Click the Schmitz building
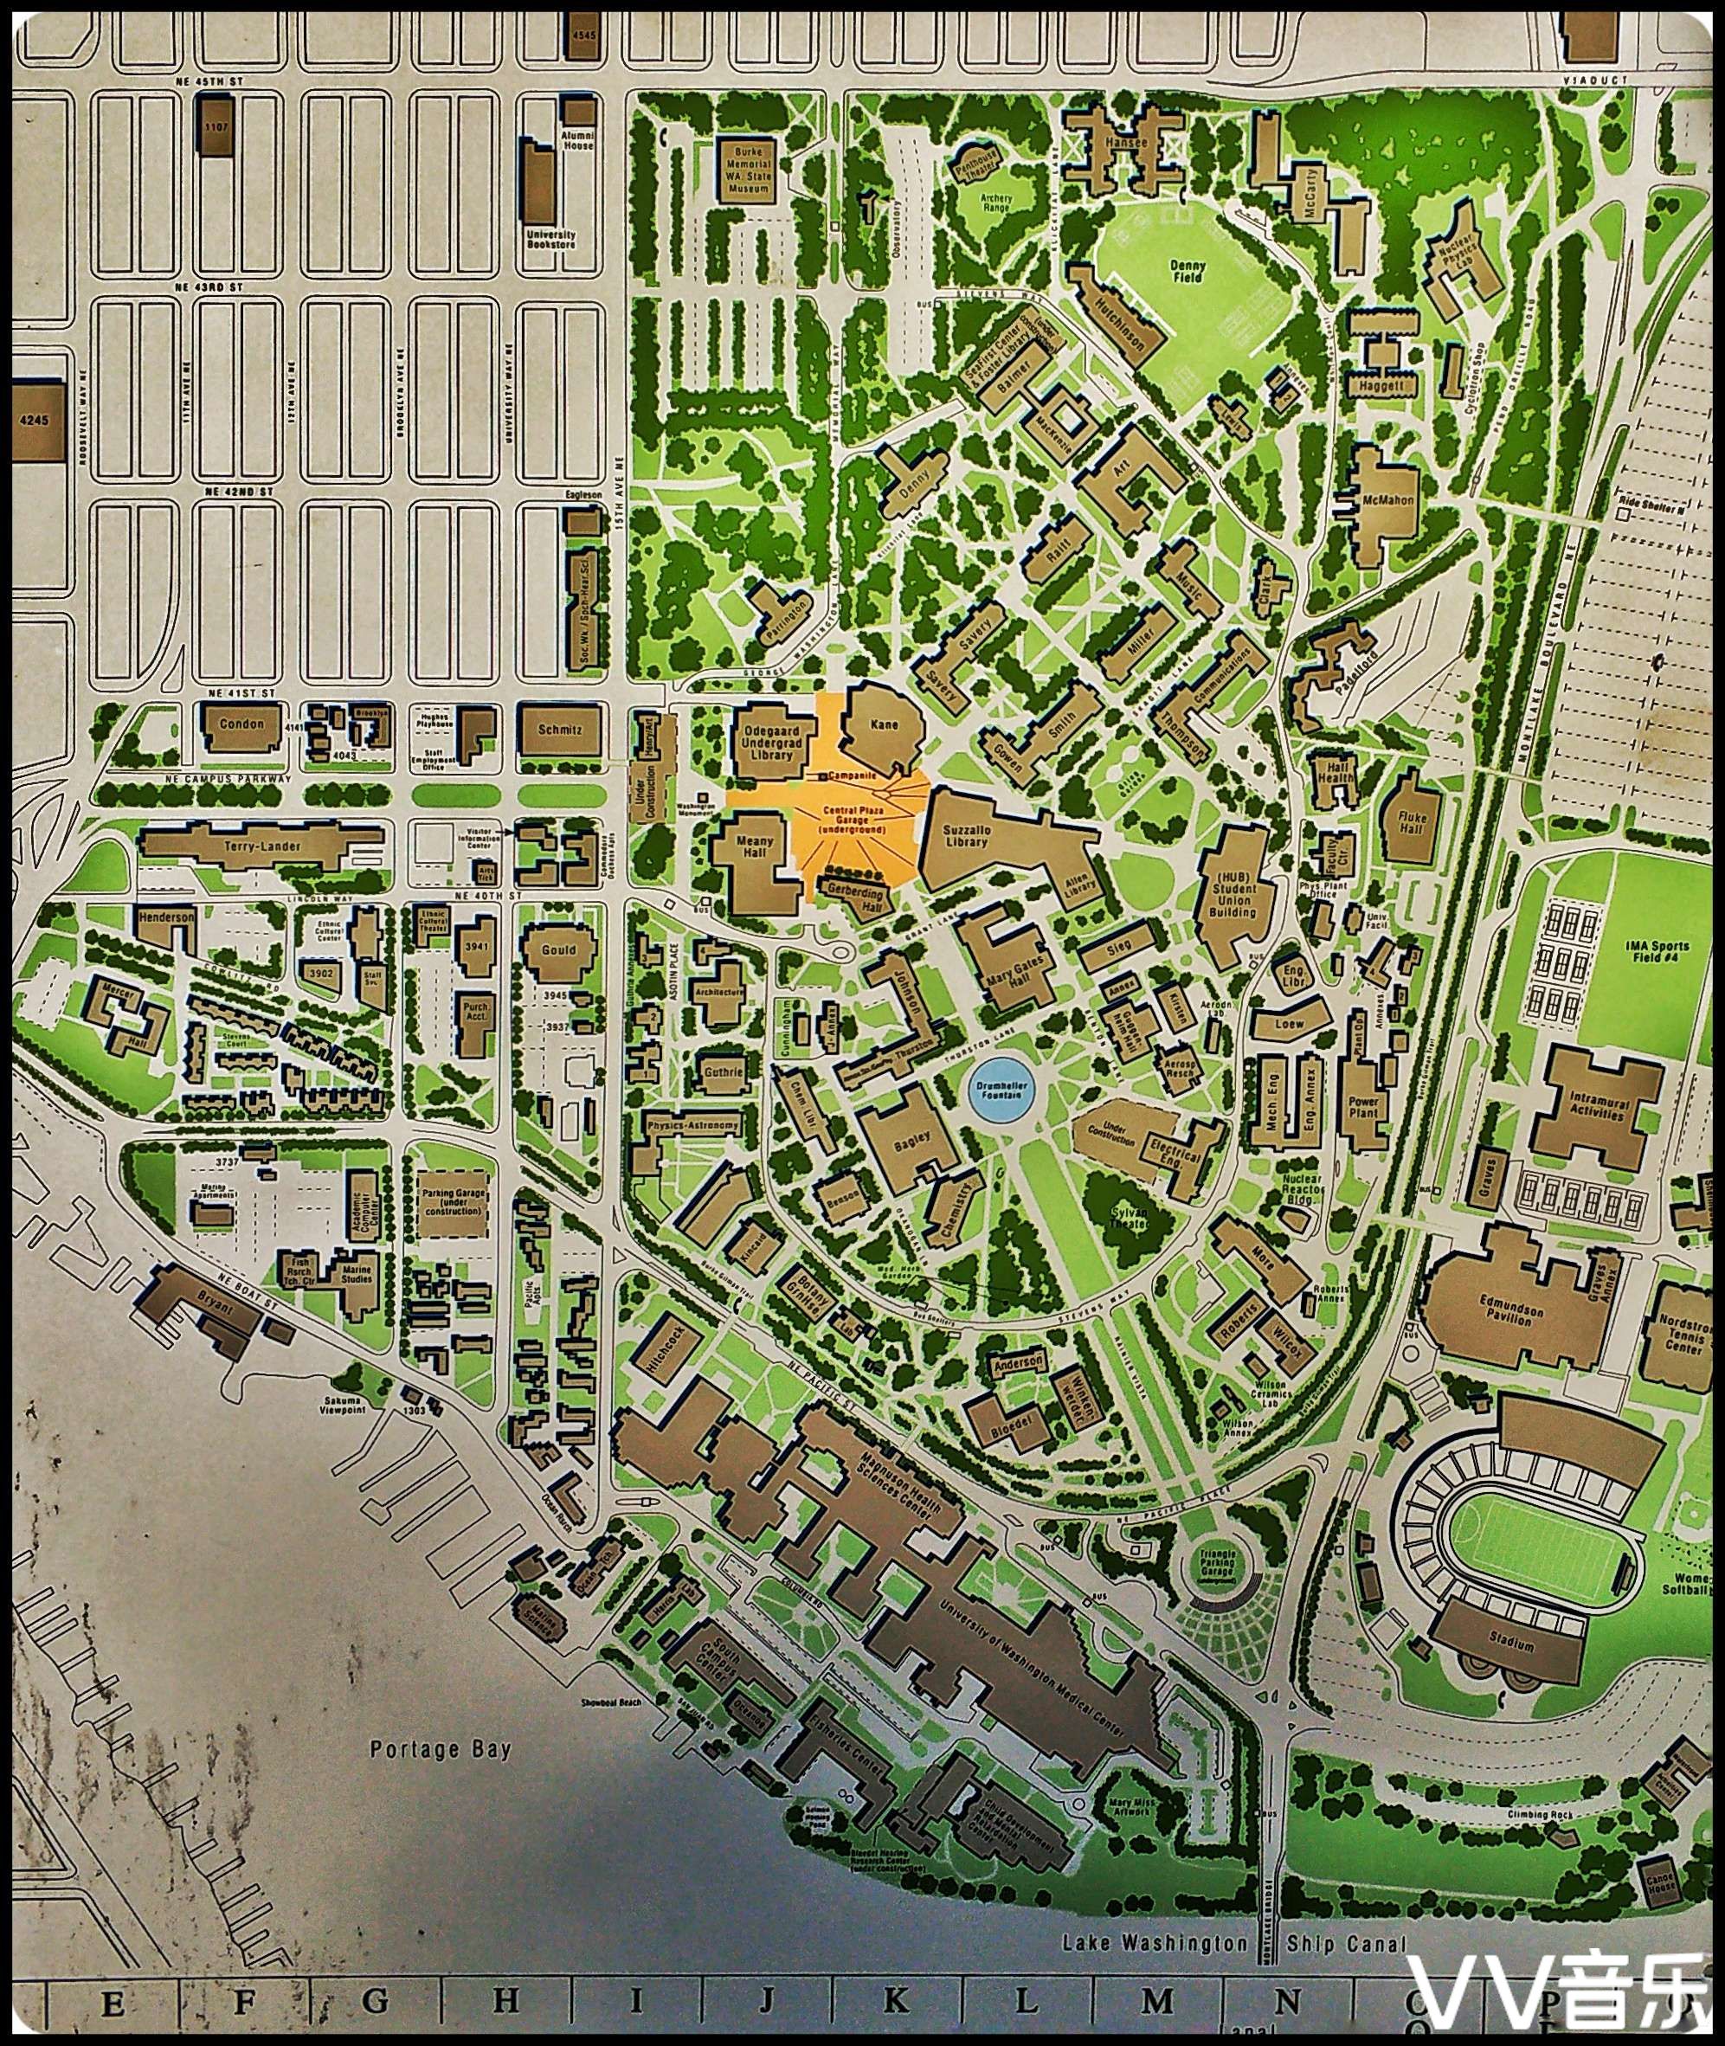(560, 730)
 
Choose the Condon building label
(241, 724)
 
